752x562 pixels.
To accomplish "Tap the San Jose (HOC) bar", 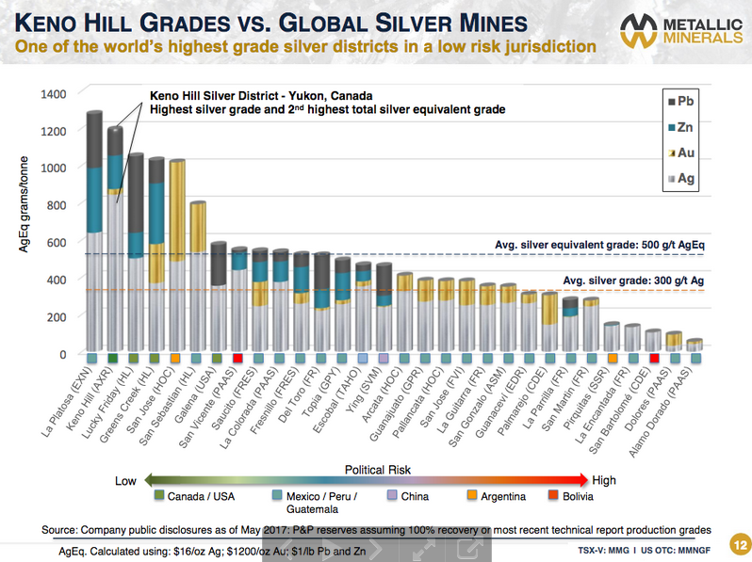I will tap(176, 255).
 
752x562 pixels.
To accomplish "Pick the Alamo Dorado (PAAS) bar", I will tap(695, 345).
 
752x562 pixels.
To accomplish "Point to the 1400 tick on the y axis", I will tap(54, 93).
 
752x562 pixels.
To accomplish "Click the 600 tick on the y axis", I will tap(57, 242).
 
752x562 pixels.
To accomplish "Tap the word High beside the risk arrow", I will tap(604, 480).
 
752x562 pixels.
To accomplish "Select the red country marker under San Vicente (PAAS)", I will tap(238, 359).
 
